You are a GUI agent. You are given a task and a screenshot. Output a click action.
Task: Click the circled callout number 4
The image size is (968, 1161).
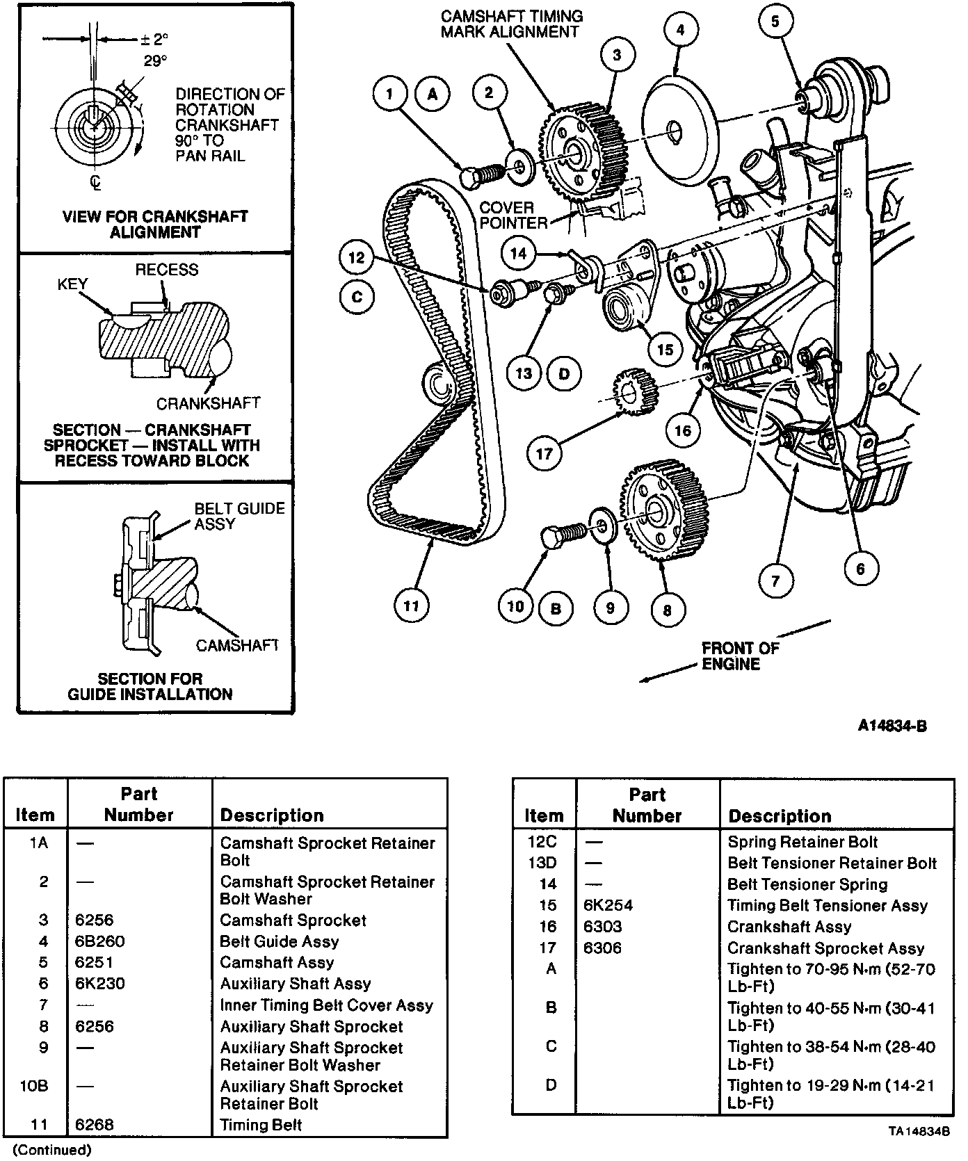pos(679,31)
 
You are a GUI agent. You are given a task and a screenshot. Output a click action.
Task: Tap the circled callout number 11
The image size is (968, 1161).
pos(411,606)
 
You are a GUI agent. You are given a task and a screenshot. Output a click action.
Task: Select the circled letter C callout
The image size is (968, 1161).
pos(357,297)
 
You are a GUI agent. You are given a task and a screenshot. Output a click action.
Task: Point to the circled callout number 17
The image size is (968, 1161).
pos(544,454)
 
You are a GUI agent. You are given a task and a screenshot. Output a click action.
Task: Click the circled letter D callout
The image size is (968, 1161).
pos(564,374)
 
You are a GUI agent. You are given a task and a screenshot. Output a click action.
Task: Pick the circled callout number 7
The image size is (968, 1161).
pos(775,580)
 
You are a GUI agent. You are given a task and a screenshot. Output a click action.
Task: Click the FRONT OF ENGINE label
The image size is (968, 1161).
pos(740,656)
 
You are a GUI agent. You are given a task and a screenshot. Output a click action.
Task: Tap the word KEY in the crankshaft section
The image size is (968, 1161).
pos(73,284)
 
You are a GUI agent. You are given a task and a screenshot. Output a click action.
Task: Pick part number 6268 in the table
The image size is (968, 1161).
pos(95,1124)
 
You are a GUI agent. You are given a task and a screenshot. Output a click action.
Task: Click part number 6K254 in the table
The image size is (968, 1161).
pos(608,905)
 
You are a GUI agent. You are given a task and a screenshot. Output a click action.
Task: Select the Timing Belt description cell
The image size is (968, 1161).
pos(261,1124)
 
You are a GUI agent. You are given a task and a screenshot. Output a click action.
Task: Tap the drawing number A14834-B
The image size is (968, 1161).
pos(892,726)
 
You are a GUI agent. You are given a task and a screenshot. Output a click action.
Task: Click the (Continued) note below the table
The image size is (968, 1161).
pos(52,1150)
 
